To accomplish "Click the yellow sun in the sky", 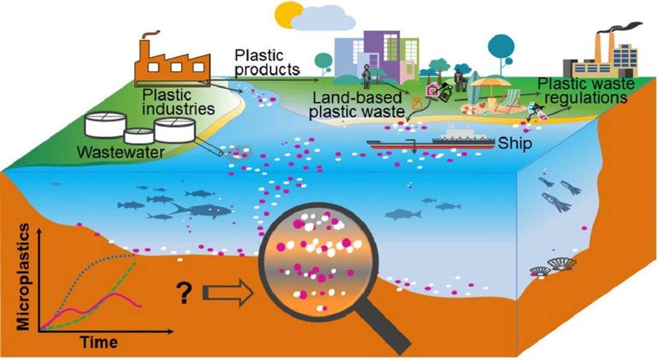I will tap(289, 11).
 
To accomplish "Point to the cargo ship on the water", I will tap(432, 141).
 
